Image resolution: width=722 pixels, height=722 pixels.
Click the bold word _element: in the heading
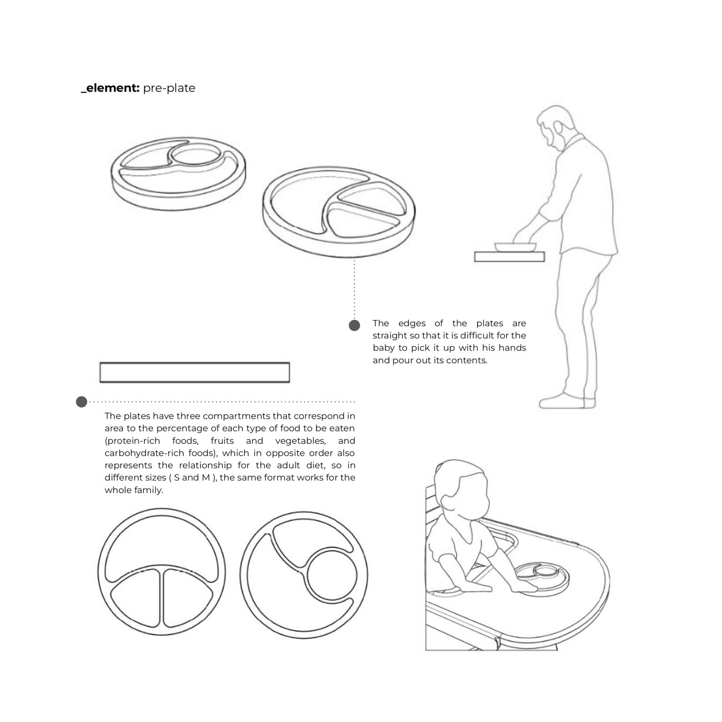click(110, 88)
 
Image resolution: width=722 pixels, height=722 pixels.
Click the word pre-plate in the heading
click(169, 88)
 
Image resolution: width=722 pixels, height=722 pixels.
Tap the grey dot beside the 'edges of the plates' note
click(354, 325)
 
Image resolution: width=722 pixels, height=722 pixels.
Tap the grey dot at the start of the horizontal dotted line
click(82, 402)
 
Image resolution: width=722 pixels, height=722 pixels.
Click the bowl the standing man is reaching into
click(515, 247)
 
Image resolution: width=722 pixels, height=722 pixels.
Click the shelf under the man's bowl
click(510, 257)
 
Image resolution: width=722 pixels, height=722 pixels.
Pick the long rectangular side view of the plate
click(195, 372)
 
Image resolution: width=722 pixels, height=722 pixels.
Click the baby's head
click(461, 489)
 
